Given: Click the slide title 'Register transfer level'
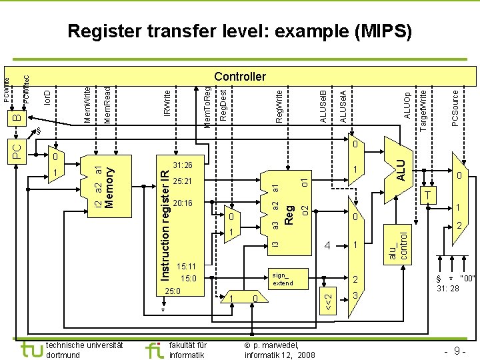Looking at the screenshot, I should tap(240, 31).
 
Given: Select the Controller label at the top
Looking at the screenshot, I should tap(240, 77).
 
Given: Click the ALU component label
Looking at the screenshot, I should tap(400, 167).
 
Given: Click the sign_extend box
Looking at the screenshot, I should tap(281, 279).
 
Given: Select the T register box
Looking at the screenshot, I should tap(429, 194).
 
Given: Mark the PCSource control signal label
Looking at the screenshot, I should tap(455, 103).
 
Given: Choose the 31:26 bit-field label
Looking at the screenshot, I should tap(182, 164).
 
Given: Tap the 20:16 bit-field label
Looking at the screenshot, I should tap(182, 203).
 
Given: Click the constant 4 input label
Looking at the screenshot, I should tap(328, 245).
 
